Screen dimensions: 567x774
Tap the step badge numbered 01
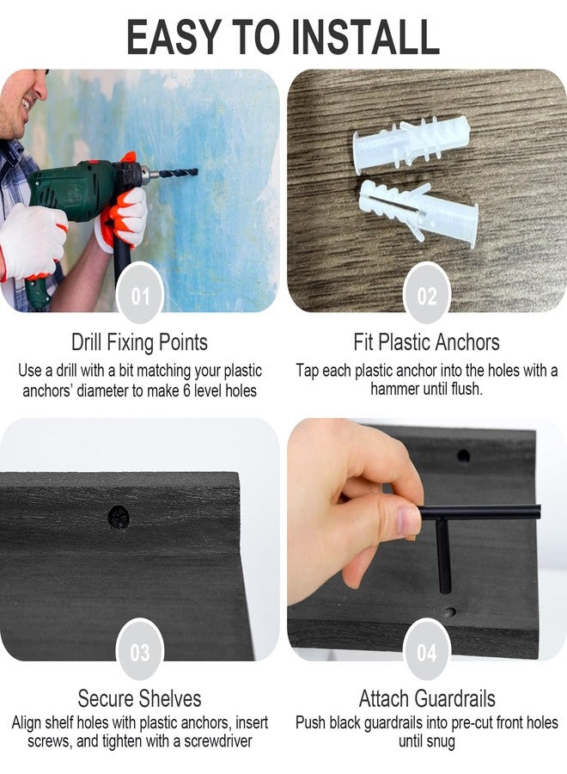pyautogui.click(x=140, y=295)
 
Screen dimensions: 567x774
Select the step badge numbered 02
pyautogui.click(x=426, y=295)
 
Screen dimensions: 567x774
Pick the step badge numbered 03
pyautogui.click(x=140, y=652)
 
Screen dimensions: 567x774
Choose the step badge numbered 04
pyautogui.click(x=426, y=652)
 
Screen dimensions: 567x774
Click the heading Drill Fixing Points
pyautogui.click(x=139, y=342)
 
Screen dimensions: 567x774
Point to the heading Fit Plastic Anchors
pyautogui.click(x=426, y=342)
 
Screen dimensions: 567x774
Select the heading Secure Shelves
pyautogui.click(x=139, y=698)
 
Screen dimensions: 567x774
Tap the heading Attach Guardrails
pyautogui.click(x=427, y=698)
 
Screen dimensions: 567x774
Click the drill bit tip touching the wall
pyautogui.click(x=196, y=172)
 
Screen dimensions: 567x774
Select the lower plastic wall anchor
pyautogui.click(x=418, y=212)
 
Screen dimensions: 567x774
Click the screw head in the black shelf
pyautogui.click(x=119, y=517)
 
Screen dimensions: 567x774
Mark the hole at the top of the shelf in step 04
pyautogui.click(x=463, y=455)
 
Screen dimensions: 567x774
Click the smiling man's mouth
pyautogui.click(x=25, y=104)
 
